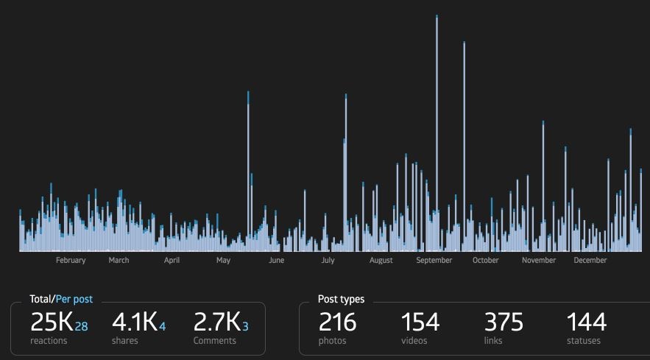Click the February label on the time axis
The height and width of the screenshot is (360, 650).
pyautogui.click(x=71, y=261)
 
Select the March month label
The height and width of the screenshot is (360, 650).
pyautogui.click(x=119, y=261)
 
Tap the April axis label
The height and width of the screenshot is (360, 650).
pyautogui.click(x=172, y=261)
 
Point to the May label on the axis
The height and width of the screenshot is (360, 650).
pyautogui.click(x=223, y=261)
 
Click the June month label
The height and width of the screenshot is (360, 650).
pyautogui.click(x=276, y=261)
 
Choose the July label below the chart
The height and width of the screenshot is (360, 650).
pyautogui.click(x=328, y=261)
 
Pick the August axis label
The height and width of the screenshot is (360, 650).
pyautogui.click(x=381, y=261)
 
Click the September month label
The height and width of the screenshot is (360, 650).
pyautogui.click(x=434, y=261)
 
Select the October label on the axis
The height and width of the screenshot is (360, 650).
pyautogui.click(x=485, y=261)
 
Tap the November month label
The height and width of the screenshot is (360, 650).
pyautogui.click(x=539, y=261)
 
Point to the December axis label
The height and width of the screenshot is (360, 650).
pyautogui.click(x=590, y=261)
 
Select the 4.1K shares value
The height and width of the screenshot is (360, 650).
pyautogui.click(x=135, y=322)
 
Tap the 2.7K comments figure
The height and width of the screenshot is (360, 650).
pyautogui.click(x=216, y=322)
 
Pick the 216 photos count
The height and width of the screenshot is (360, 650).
pyautogui.click(x=337, y=322)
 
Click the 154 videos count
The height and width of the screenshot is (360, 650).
pyautogui.click(x=420, y=322)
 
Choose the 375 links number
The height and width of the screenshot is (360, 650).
pyautogui.click(x=504, y=322)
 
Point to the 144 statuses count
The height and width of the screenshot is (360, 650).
pyautogui.click(x=586, y=322)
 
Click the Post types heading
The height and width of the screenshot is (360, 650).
pyautogui.click(x=341, y=300)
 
